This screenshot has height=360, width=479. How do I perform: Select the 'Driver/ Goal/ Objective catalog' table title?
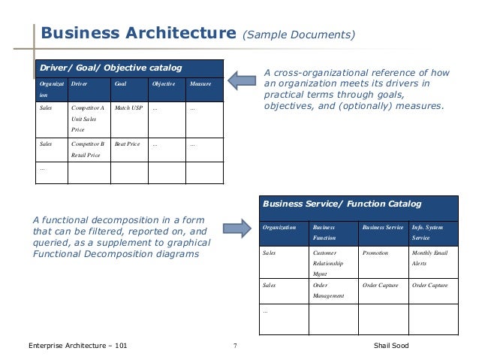[110, 68]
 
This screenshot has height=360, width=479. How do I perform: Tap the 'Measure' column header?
[200, 84]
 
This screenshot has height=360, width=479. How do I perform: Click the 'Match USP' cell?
[128, 108]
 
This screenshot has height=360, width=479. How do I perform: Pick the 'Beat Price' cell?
[128, 142]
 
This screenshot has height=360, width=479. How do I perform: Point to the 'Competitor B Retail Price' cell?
[89, 148]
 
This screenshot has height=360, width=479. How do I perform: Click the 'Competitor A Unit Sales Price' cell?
[89, 119]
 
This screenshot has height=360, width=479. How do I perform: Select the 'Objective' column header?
[164, 84]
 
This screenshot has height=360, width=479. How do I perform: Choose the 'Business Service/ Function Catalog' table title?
[341, 204]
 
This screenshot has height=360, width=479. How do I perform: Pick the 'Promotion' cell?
[375, 253]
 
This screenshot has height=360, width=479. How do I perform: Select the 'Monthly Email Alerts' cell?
[430, 259]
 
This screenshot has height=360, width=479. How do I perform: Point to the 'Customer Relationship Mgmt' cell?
[329, 264]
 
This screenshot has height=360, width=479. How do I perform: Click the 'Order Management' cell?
[329, 290]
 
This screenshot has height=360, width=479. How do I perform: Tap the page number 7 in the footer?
[235, 346]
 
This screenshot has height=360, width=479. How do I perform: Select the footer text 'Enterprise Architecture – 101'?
[72, 346]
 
